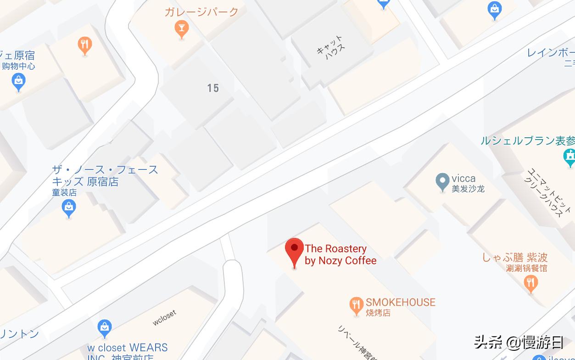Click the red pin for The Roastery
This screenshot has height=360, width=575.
click(294, 251)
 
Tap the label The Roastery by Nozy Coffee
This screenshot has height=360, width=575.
click(340, 254)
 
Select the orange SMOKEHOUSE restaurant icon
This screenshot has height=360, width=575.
click(356, 305)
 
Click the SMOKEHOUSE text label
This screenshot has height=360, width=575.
click(400, 302)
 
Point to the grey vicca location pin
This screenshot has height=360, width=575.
click(442, 181)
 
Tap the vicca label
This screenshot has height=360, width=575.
click(463, 179)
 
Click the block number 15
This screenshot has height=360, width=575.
click(213, 88)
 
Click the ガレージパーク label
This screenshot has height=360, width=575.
click(201, 12)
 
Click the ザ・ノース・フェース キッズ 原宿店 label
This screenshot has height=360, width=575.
click(105, 175)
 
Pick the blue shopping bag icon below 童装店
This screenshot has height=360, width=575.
click(69, 209)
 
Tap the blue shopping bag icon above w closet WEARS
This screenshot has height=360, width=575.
click(105, 328)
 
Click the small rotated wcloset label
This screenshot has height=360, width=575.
click(164, 318)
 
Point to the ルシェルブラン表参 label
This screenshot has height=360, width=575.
click(527, 141)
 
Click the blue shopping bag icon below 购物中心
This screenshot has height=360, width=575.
click(18, 82)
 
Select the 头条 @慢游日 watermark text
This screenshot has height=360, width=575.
click(519, 342)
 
